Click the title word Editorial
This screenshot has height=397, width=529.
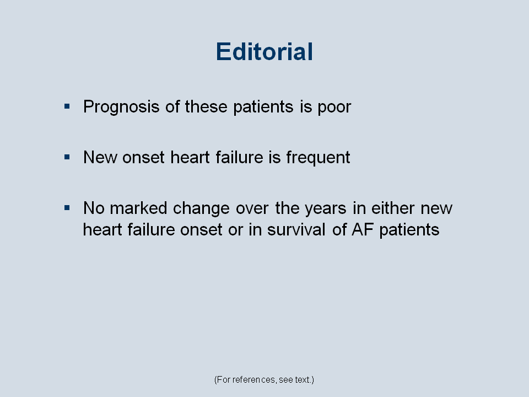264,52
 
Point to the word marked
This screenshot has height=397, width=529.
138,208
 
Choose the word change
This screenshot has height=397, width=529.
202,208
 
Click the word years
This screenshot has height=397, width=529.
326,208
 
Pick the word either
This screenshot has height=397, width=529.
393,208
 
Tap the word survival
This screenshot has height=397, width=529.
296,229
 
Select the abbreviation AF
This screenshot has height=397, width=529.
363,230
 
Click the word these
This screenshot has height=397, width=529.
206,106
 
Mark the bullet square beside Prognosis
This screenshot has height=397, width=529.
67,106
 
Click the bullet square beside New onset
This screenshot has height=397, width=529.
67,157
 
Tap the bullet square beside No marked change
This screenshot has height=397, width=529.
67,208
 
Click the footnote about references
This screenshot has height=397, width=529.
264,380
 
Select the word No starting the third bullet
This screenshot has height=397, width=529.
94,208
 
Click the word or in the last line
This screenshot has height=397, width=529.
235,231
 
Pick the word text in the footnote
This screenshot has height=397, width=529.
303,380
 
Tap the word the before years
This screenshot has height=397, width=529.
287,208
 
